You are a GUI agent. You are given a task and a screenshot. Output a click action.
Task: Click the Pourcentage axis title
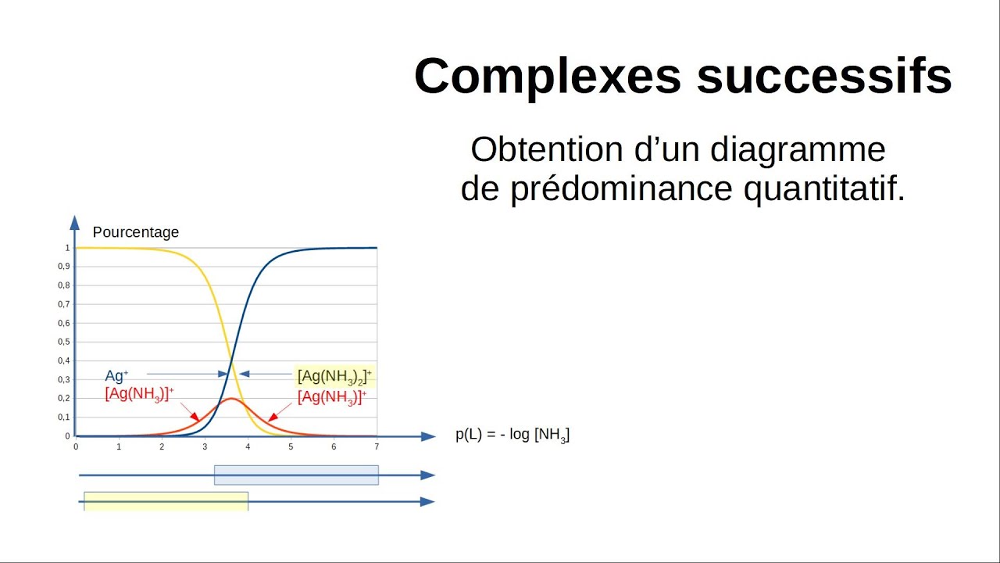pyautogui.click(x=135, y=232)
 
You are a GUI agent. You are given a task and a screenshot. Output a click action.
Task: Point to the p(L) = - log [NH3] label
pyautogui.click(x=512, y=436)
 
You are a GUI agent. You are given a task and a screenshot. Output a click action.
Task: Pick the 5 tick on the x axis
pyautogui.click(x=291, y=446)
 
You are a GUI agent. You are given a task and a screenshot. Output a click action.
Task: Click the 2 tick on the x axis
pyautogui.click(x=162, y=446)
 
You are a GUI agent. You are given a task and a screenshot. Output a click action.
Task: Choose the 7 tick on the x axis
pyautogui.click(x=377, y=446)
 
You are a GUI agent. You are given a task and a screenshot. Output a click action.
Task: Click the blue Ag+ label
pyautogui.click(x=116, y=376)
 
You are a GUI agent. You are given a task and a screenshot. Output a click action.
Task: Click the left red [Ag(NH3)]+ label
pyautogui.click(x=139, y=394)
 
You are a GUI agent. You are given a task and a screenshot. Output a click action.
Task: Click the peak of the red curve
pyautogui.click(x=230, y=399)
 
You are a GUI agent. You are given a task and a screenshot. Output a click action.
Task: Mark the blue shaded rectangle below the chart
pyautogui.click(x=296, y=475)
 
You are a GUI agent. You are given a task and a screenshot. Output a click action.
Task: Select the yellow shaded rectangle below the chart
pyautogui.click(x=166, y=501)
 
